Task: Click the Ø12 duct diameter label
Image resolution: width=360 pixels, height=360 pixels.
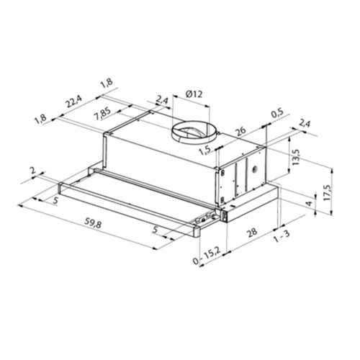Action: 194,94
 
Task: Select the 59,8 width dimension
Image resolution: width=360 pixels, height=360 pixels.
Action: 93,224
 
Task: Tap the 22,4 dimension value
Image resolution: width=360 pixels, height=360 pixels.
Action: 74,102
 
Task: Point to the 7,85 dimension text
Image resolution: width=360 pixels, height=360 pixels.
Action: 102,114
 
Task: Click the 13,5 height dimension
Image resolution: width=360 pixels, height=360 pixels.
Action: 296,157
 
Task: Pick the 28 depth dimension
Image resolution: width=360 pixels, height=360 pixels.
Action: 252,232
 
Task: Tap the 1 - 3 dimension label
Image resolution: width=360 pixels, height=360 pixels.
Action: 282,236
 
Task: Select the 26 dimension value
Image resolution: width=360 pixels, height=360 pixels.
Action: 240,131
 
